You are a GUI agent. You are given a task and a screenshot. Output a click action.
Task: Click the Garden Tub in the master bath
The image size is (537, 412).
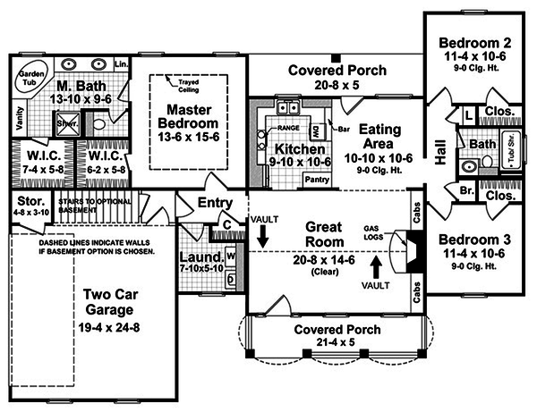click(33, 80)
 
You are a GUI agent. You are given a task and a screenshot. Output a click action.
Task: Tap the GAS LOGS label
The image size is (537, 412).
click(377, 232)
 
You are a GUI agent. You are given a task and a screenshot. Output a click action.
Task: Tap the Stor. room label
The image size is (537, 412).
click(24, 202)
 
